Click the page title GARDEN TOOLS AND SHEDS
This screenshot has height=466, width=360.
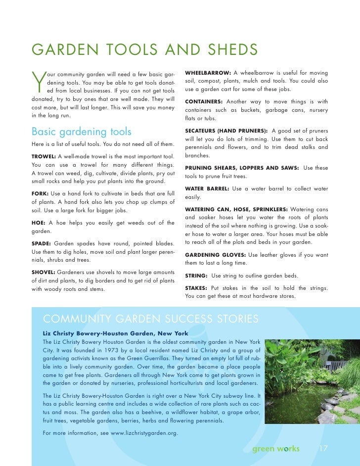click(144, 50)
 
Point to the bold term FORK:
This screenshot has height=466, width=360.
click(40, 192)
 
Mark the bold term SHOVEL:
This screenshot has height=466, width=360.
click(44, 272)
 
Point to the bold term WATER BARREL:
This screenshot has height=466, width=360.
click(207, 189)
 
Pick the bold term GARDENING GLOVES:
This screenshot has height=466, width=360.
click(215, 254)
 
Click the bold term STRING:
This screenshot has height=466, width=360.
click(196, 275)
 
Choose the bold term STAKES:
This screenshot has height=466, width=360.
click(196, 288)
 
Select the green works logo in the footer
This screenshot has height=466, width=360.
click(276, 449)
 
